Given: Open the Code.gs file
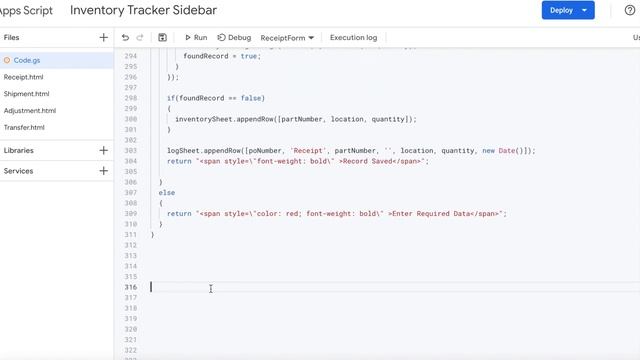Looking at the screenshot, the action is [27, 60].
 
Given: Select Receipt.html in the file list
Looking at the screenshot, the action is [24, 77].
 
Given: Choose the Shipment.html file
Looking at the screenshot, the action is [27, 94].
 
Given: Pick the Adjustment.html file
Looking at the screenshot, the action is [30, 111].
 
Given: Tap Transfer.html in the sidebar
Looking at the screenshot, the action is [25, 128].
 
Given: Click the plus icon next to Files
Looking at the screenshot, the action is [104, 37].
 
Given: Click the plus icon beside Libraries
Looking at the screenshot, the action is [104, 151].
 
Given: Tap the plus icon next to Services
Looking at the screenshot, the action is [104, 171].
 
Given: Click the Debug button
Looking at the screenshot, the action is [234, 38].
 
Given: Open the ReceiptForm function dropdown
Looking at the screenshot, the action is [287, 38].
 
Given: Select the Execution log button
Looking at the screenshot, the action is [353, 38].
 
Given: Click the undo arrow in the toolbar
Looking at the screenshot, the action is [125, 38].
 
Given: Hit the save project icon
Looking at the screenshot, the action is [162, 38].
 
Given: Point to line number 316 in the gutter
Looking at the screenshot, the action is [130, 287].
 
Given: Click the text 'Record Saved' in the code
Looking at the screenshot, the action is [370, 161].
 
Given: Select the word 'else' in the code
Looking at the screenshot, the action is [166, 192].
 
